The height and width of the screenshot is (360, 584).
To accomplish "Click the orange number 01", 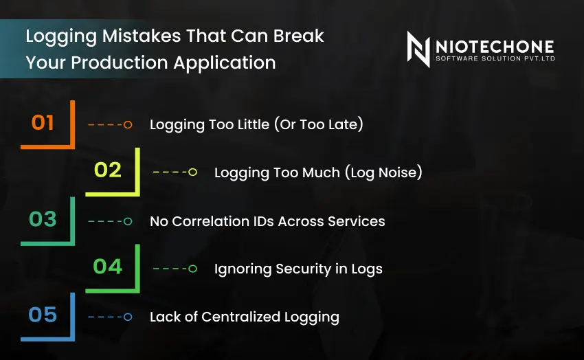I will click(x=43, y=123).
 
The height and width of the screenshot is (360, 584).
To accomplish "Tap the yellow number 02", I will click(x=107, y=170).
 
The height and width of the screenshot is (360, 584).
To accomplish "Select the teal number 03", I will click(x=43, y=219).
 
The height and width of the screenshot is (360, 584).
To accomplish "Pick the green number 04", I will click(x=107, y=267).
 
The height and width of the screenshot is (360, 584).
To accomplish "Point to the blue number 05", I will click(x=43, y=315).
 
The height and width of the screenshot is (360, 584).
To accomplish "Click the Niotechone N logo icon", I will click(x=418, y=49).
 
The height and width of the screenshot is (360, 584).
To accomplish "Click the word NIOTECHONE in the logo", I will click(x=494, y=46).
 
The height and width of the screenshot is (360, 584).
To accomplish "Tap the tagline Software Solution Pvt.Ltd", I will click(x=494, y=59).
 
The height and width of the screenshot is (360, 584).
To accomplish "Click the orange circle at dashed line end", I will click(x=128, y=125).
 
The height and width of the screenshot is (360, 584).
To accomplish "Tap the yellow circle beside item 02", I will click(x=192, y=172).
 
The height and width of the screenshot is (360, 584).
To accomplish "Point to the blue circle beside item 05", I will click(x=128, y=317).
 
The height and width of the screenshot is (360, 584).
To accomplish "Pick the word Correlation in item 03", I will click(x=212, y=221).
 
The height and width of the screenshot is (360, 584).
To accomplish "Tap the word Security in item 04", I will click(x=292, y=269).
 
